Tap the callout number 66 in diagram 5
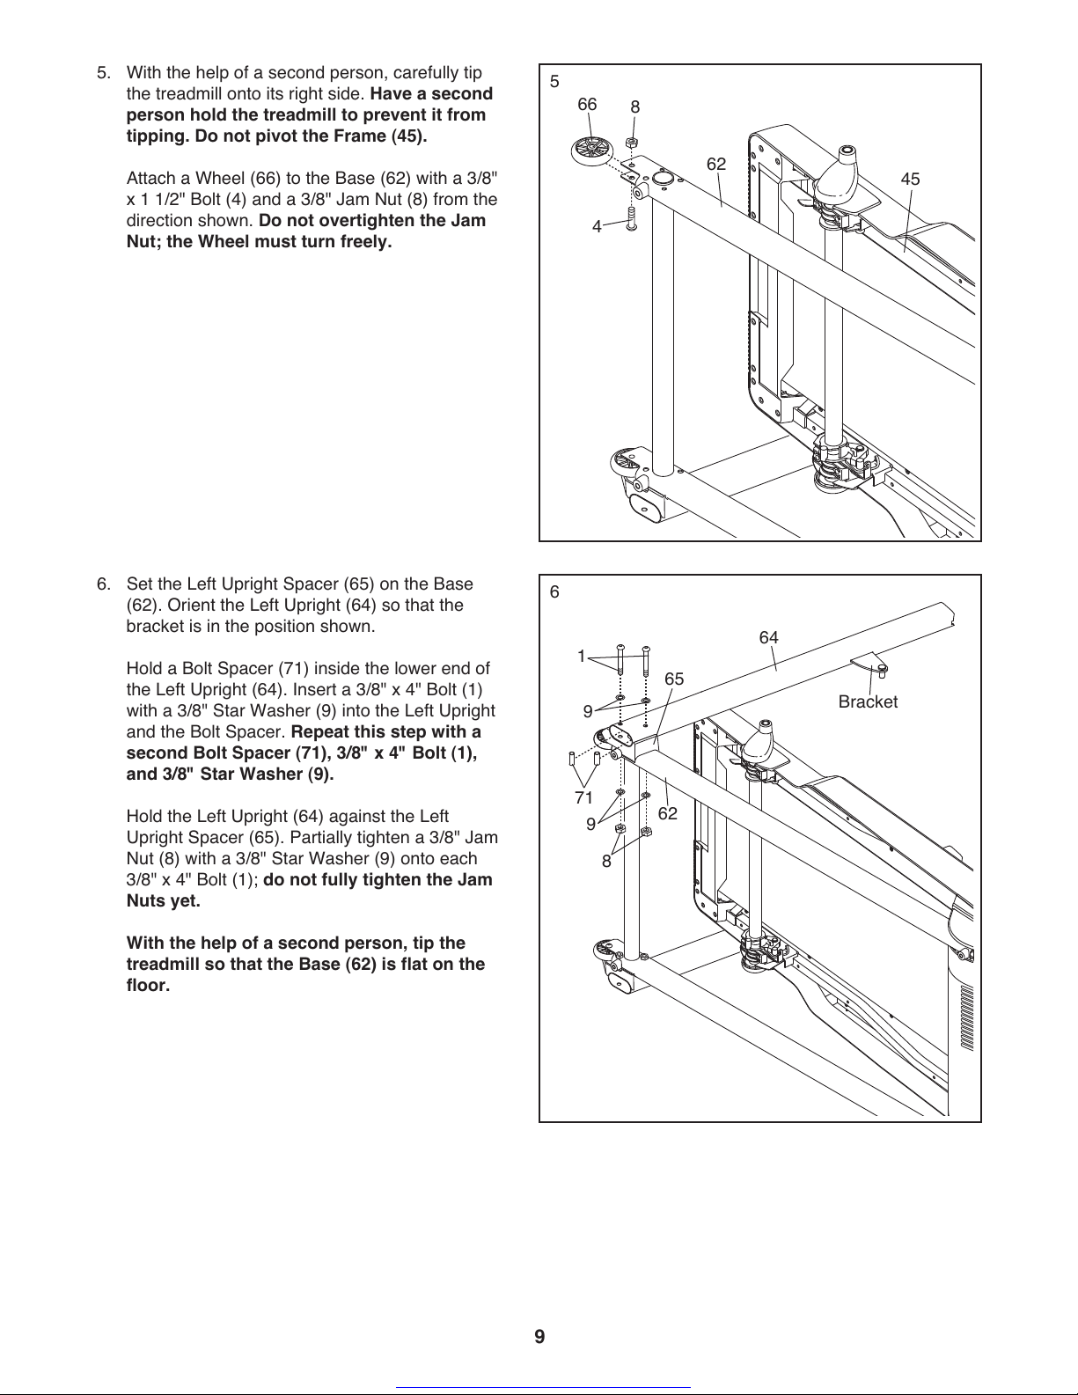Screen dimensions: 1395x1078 tap(587, 105)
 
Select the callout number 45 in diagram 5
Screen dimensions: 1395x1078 tap(910, 180)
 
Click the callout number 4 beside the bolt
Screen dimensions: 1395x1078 tap(597, 227)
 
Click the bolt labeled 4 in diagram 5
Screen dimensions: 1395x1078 tap(630, 216)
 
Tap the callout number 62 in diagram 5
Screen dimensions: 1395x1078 tap(716, 165)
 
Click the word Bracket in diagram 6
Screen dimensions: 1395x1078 tap(868, 702)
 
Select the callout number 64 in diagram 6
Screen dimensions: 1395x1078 tap(768, 637)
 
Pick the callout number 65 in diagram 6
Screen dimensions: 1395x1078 tap(674, 679)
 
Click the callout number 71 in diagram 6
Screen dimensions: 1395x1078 tap(583, 798)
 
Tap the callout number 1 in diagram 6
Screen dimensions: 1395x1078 tap(581, 656)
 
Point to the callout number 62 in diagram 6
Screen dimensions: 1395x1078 tap(668, 813)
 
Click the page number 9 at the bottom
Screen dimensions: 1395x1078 tap(539, 1338)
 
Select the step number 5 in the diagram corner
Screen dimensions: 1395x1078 tap(554, 82)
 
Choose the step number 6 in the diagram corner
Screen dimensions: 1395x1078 tap(554, 592)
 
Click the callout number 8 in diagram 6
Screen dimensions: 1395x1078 tap(606, 862)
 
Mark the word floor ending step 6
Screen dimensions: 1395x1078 tap(146, 985)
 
